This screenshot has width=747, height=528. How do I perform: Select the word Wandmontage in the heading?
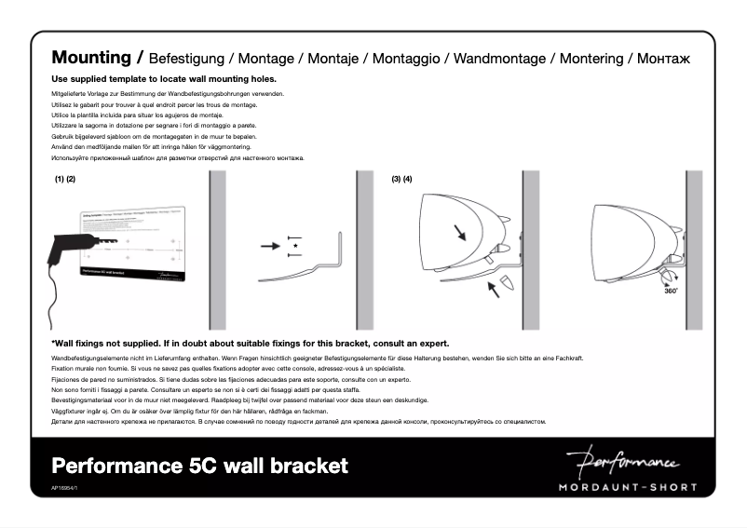click(499, 59)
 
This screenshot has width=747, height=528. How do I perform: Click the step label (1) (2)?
click(64, 179)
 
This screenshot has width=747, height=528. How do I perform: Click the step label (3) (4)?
click(402, 179)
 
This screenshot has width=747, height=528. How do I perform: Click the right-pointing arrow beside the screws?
click(270, 247)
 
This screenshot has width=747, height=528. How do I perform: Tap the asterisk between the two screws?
click(295, 247)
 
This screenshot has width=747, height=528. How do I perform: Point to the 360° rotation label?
click(671, 291)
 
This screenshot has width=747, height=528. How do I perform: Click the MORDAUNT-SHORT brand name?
click(625, 486)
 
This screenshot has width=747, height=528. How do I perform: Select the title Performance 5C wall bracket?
click(199, 465)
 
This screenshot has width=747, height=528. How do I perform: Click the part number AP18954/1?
click(65, 487)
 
